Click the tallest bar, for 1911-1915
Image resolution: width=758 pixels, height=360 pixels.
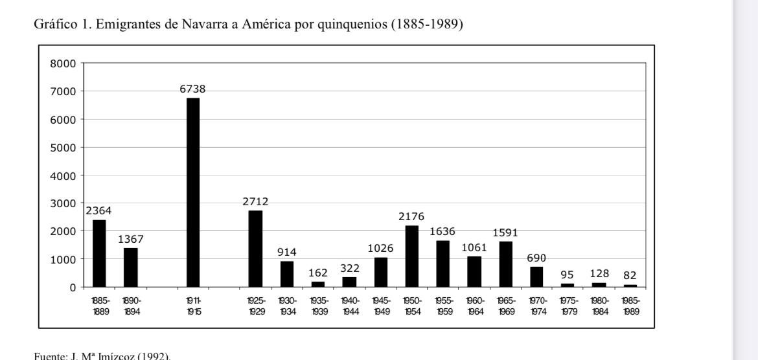click(x=193, y=192)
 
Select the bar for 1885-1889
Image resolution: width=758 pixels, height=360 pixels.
click(x=99, y=253)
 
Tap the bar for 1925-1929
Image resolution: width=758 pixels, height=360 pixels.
click(x=256, y=249)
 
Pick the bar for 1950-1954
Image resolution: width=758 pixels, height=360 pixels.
click(x=412, y=256)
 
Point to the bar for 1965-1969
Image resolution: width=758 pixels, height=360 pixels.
click(x=506, y=264)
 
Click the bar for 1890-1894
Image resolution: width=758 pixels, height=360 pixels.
click(x=131, y=267)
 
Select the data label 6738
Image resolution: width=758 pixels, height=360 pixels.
click(x=193, y=89)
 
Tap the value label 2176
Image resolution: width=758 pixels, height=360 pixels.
click(x=411, y=217)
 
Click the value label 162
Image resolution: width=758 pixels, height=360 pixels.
click(x=318, y=273)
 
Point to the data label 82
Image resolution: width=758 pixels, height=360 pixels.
click(x=630, y=275)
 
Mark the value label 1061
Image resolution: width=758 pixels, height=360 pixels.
click(x=474, y=247)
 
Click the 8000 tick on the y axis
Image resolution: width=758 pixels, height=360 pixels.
click(x=63, y=63)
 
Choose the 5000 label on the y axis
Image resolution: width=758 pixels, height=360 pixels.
click(x=63, y=148)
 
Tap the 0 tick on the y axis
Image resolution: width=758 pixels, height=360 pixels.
click(x=73, y=287)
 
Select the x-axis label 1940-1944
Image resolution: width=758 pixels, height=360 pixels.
click(x=350, y=306)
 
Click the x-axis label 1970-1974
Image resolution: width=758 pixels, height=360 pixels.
click(x=537, y=306)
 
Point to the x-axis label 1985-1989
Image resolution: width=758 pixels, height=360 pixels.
click(x=631, y=306)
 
